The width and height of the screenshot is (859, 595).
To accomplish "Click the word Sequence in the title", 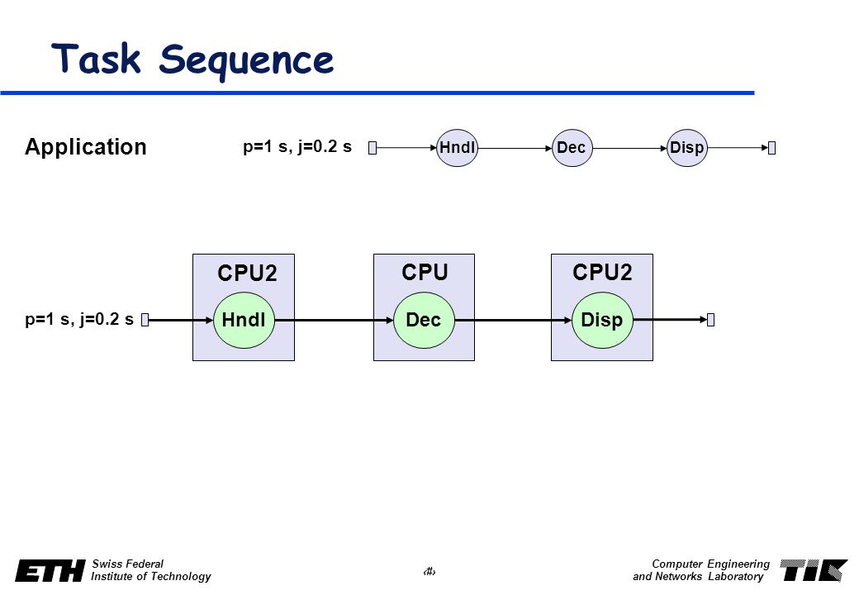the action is pyautogui.click(x=246, y=61).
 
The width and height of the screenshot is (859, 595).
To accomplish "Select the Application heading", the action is pyautogui.click(x=85, y=147).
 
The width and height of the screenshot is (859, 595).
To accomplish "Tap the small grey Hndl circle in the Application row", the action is pyautogui.click(x=457, y=148).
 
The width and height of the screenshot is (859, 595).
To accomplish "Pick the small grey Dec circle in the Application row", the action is pyautogui.click(x=572, y=148).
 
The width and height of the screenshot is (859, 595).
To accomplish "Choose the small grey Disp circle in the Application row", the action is pyautogui.click(x=687, y=148).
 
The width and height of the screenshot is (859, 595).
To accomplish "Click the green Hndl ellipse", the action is pyautogui.click(x=244, y=320).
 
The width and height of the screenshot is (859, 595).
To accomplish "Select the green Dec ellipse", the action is pyautogui.click(x=424, y=320).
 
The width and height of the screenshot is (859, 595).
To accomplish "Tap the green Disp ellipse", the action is pyautogui.click(x=602, y=320).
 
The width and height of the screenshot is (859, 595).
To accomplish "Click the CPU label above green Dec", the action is pyautogui.click(x=425, y=273).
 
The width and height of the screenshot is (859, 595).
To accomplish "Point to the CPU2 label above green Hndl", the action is pyautogui.click(x=247, y=273).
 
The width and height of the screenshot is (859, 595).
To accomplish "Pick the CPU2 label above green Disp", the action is pyautogui.click(x=602, y=273).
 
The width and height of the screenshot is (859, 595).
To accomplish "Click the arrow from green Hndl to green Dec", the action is pyautogui.click(x=335, y=320).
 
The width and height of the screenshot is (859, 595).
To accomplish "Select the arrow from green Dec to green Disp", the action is pyautogui.click(x=513, y=320).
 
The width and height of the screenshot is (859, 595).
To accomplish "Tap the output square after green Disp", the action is pyautogui.click(x=710, y=320).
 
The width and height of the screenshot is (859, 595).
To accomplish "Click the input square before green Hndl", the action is pyautogui.click(x=145, y=320).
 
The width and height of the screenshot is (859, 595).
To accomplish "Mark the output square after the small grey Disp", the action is pyautogui.click(x=772, y=148).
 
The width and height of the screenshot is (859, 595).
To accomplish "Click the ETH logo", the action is pyautogui.click(x=50, y=570).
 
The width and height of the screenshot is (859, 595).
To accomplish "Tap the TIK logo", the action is pyautogui.click(x=814, y=570).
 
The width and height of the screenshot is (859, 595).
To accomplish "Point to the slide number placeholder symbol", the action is pyautogui.click(x=429, y=572).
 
